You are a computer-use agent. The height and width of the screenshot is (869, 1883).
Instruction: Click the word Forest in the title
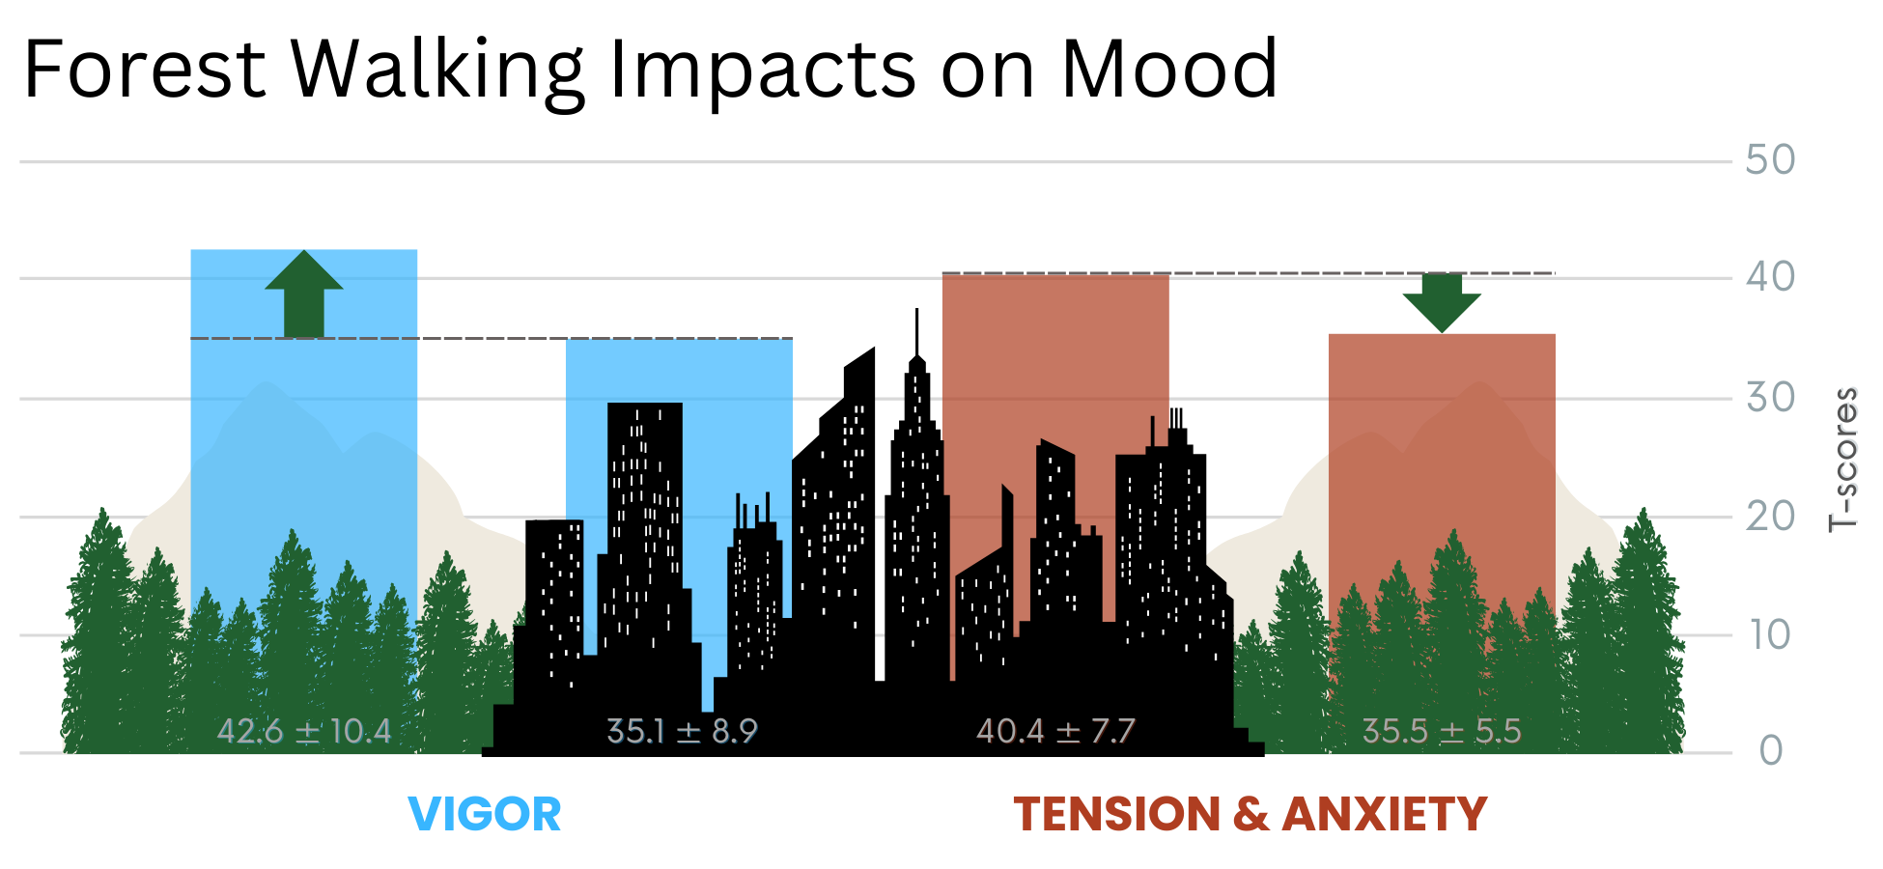(x=145, y=70)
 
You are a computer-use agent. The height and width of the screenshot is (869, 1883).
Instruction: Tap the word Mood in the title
(x=1169, y=70)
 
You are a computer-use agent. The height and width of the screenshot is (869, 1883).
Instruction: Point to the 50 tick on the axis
(x=1770, y=160)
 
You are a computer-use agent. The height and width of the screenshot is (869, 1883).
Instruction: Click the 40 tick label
(x=1770, y=278)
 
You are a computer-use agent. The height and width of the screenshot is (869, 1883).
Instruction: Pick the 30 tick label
(x=1770, y=398)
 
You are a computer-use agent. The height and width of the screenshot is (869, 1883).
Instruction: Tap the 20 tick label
(x=1770, y=518)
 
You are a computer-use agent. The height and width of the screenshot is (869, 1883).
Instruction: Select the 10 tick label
(x=1770, y=635)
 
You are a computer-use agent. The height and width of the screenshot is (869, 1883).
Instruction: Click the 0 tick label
(x=1770, y=751)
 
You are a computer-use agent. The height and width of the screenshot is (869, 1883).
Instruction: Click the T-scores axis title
(x=1843, y=460)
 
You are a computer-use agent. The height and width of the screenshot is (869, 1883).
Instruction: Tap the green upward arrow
(x=304, y=293)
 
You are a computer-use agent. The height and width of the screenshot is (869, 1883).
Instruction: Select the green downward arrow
(x=1442, y=302)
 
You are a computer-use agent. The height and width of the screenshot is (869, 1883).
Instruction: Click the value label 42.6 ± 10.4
(x=304, y=732)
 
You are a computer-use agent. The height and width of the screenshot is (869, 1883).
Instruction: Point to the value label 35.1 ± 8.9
(x=682, y=732)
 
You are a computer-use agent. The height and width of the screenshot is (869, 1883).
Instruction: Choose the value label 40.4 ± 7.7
(x=1055, y=732)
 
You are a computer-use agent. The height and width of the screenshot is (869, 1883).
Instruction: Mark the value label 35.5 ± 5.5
(x=1442, y=732)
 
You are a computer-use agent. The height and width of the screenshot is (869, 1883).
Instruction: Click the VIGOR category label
(x=485, y=814)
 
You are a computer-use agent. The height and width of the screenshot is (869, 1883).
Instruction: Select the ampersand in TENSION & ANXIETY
(x=1251, y=814)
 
